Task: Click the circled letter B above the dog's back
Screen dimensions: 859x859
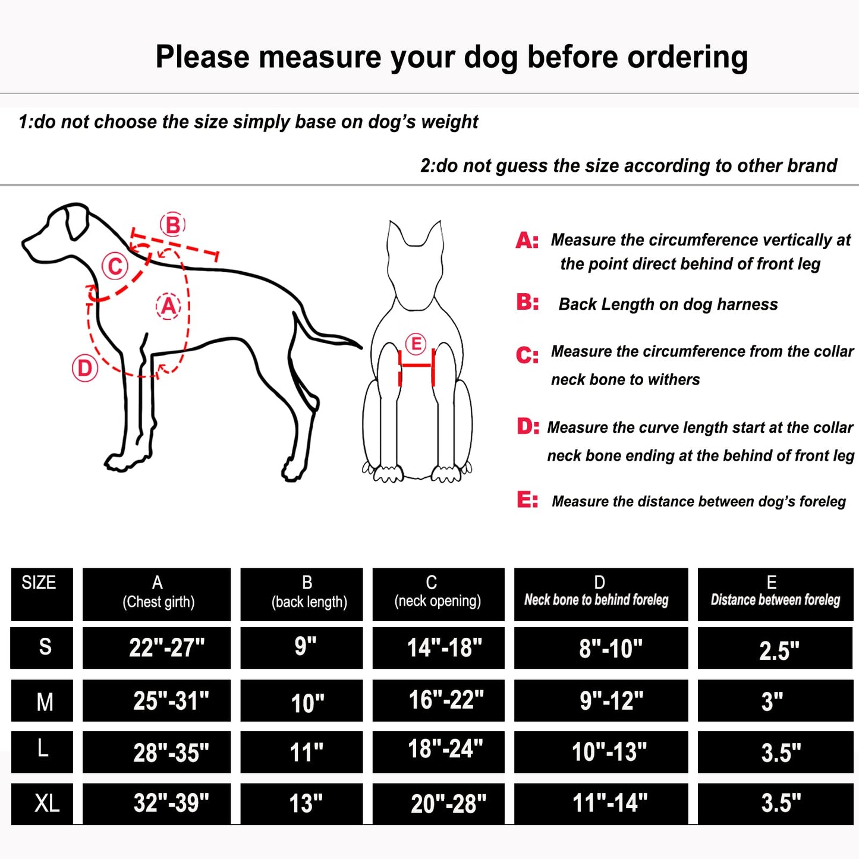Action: [172, 225]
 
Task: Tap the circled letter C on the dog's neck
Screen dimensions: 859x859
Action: [115, 266]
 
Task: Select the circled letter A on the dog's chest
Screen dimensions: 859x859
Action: [168, 306]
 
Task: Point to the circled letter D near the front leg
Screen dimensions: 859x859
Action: [85, 369]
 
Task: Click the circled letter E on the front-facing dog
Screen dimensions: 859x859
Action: [416, 344]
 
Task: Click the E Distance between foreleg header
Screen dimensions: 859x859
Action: [775, 593]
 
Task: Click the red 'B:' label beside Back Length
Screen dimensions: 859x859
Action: [527, 303]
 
